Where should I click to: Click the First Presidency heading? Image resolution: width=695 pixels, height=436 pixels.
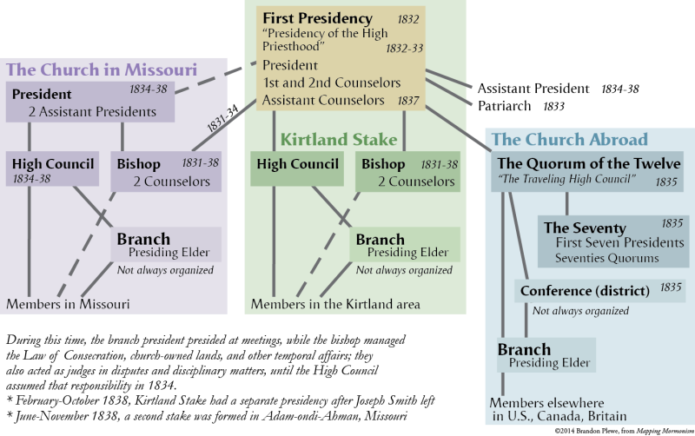317,18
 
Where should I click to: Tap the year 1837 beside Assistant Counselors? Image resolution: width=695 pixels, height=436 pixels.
408,101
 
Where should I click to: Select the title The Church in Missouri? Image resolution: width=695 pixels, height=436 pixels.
102,69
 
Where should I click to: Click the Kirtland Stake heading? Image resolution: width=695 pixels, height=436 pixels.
339,140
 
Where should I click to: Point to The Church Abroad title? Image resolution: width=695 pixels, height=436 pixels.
570,139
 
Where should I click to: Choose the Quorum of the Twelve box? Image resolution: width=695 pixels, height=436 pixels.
587,171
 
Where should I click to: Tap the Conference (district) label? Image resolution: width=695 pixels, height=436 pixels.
585,291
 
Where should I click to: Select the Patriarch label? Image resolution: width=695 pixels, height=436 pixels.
505,106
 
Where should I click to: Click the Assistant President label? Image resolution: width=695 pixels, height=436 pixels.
533,89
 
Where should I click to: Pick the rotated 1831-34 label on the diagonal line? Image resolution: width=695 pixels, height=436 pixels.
222,118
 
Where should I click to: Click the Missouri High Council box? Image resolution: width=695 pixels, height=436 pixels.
52,168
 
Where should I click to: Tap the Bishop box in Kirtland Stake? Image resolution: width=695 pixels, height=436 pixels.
407,171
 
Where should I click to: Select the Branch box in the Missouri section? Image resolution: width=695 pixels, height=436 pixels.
166,244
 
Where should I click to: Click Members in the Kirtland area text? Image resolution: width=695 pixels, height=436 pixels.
335,304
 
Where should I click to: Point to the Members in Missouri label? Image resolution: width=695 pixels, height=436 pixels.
68,304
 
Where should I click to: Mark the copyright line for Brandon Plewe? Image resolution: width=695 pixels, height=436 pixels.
624,431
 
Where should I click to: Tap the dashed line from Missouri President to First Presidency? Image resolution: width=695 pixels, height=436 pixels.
215,77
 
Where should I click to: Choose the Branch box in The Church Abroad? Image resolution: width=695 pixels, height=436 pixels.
546,355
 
